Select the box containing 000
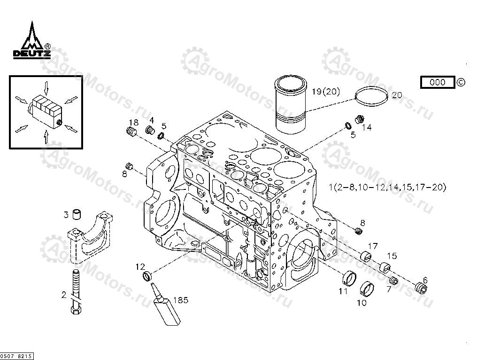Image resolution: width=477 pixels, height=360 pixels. (438, 82)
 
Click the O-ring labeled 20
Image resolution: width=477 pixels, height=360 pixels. (371, 97)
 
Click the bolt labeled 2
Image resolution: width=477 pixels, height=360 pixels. (75, 291)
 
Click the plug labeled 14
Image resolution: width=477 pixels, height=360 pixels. (360, 119)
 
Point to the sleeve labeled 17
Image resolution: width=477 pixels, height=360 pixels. (365, 256)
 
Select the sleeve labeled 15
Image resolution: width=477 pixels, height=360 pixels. (385, 267)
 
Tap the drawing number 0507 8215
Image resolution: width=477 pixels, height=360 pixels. (16, 357)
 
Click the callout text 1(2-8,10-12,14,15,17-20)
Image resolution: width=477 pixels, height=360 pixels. (387, 188)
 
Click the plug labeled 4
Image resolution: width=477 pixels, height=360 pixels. (150, 130)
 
